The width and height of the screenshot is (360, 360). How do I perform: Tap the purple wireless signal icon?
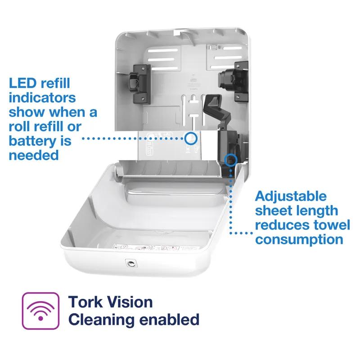pyautogui.click(x=40, y=310)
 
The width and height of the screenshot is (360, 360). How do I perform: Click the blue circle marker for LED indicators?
pyautogui.click(x=191, y=138)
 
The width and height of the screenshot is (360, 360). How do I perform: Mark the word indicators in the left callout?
pyautogui.click(x=42, y=98)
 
